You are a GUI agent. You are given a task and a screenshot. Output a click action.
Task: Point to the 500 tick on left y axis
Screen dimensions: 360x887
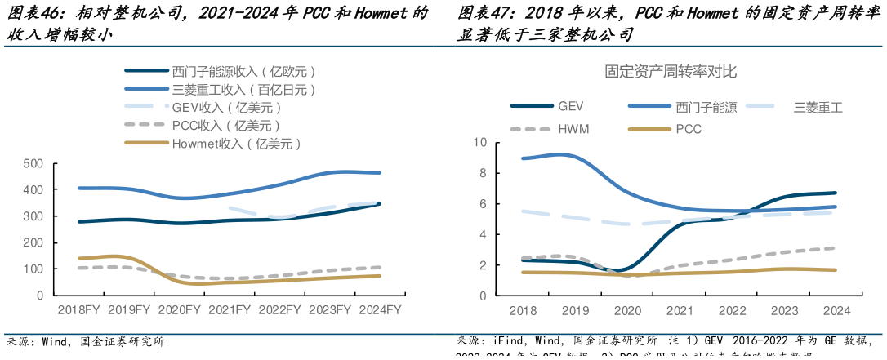pos(33,164)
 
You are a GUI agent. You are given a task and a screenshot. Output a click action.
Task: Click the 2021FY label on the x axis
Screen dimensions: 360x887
pos(230,310)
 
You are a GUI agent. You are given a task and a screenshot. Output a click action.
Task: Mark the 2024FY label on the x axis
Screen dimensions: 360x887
pos(381,310)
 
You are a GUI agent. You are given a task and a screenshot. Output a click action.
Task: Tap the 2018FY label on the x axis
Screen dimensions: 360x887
pos(79,310)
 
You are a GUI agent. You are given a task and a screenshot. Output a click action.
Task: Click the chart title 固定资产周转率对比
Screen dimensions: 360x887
pos(671,72)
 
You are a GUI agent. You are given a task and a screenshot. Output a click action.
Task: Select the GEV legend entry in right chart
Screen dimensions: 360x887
pos(570,106)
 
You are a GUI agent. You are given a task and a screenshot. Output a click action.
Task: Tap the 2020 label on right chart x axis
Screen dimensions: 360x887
pos(626,310)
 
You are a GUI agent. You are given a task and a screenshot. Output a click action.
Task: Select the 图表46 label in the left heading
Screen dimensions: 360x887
pos(31,13)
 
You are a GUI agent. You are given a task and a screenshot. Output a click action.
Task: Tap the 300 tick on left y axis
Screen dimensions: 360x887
pos(33,216)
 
